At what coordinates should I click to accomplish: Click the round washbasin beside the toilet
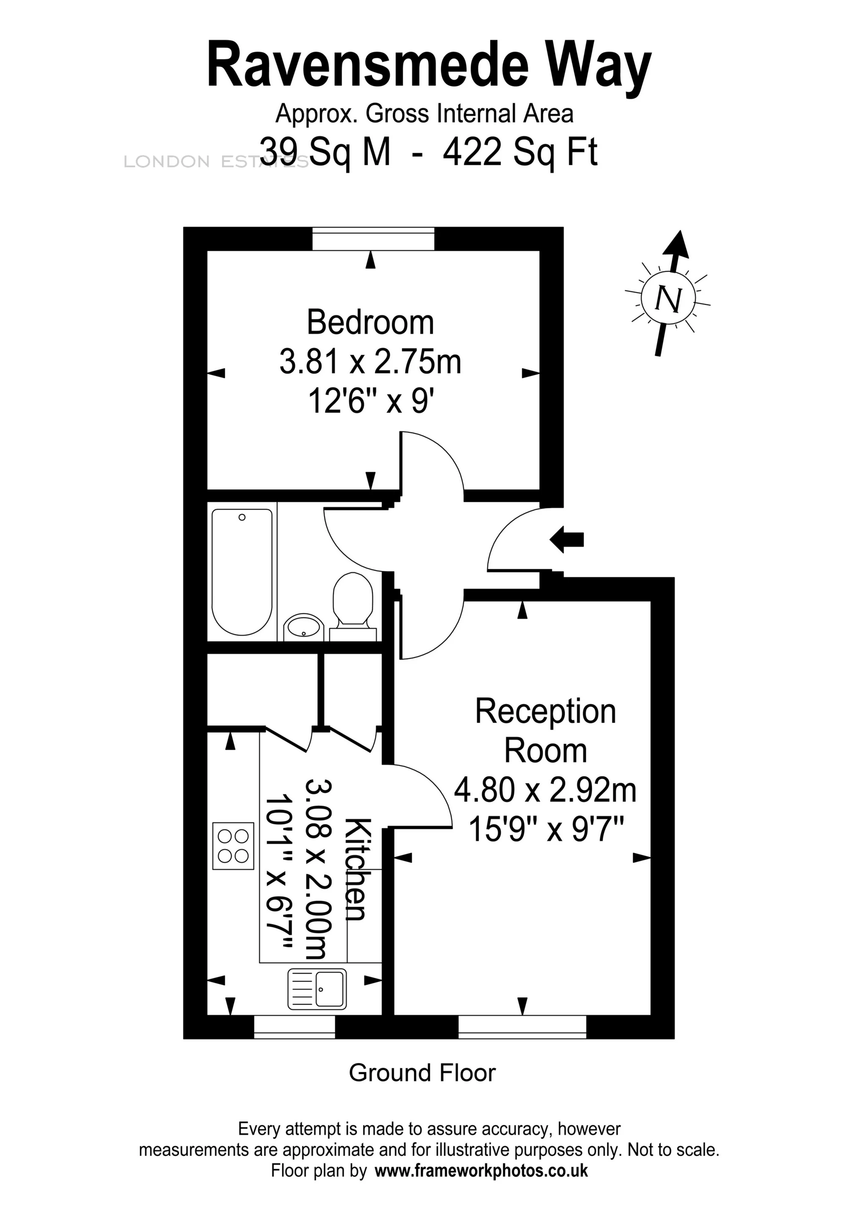tap(303, 627)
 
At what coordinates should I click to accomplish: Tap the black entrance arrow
tap(567, 539)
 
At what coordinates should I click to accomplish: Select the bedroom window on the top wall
tap(373, 239)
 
